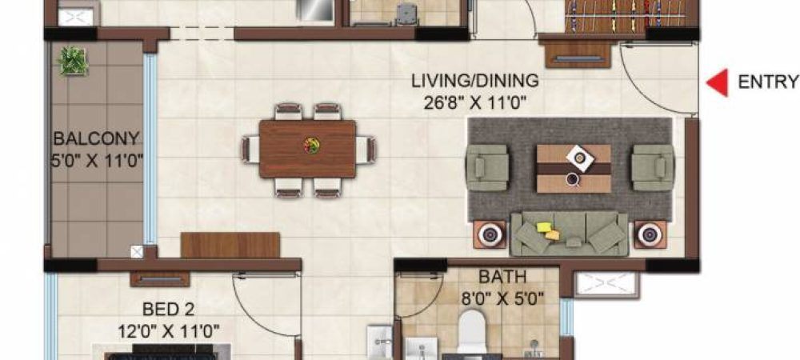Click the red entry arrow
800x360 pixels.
tap(718, 83)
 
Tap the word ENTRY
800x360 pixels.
tap(767, 82)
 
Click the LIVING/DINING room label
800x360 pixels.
tap(474, 81)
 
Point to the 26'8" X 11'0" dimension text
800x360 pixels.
tap(474, 102)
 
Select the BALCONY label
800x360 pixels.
tap(96, 138)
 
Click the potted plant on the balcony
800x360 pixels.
tap(74, 61)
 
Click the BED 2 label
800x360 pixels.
tap(169, 309)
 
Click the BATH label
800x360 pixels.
tap(502, 278)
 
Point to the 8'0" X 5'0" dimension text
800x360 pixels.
tap(502, 299)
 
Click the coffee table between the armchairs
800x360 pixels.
tap(573, 167)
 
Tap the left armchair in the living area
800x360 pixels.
tap(488, 166)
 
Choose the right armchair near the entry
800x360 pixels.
tap(652, 166)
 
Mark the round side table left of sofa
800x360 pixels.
tap(490, 235)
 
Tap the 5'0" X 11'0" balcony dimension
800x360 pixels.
tap(96, 159)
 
